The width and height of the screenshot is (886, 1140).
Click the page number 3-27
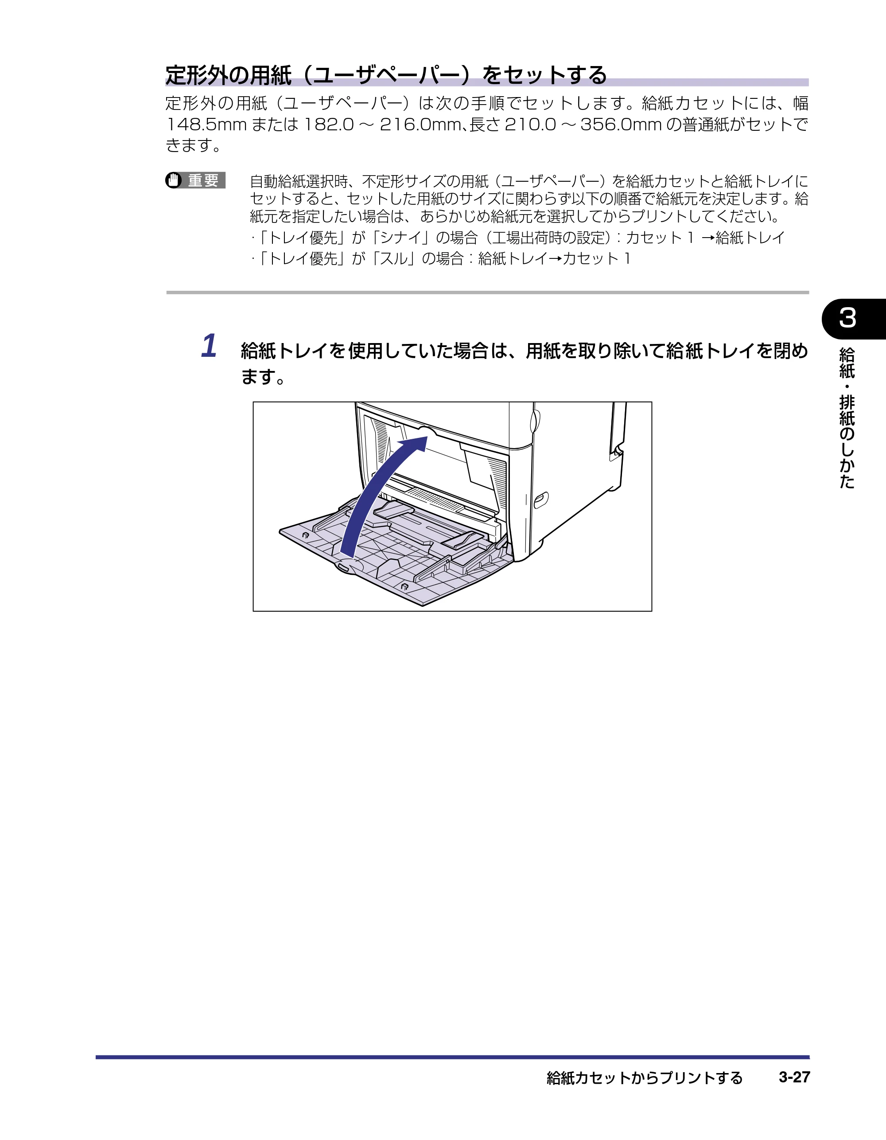(x=794, y=1077)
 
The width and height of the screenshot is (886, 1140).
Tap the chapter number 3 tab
(x=854, y=318)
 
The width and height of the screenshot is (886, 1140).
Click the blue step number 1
(x=209, y=346)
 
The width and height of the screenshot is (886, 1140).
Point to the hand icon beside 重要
(x=173, y=180)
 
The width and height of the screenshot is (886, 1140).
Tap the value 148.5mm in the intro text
(x=206, y=125)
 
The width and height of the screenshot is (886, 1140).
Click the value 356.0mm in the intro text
(x=621, y=125)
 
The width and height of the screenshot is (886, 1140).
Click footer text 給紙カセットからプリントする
(x=645, y=1078)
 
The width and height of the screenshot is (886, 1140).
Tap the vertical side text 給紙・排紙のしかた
(x=847, y=418)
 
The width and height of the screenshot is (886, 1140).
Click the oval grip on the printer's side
(x=541, y=500)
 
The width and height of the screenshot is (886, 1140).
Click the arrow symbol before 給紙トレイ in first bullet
(x=708, y=238)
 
